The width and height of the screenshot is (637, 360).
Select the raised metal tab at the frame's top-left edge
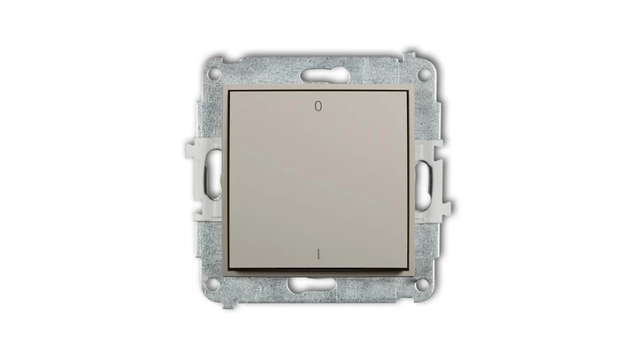229,56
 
